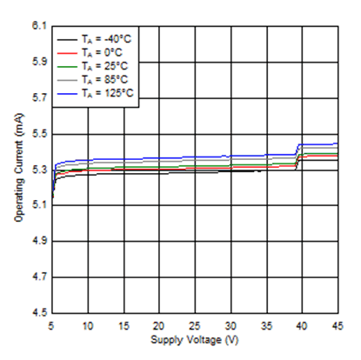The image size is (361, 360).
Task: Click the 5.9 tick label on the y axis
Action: (37, 62)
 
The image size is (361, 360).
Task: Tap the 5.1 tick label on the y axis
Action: (37, 205)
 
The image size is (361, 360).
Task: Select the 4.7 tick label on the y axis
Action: (37, 277)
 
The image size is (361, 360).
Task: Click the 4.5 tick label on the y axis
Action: (37, 312)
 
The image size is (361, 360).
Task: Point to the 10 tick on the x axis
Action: (88, 324)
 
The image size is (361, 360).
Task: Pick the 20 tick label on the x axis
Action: (159, 324)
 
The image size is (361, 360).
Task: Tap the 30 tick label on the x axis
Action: (231, 324)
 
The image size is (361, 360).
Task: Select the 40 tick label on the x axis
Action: (302, 324)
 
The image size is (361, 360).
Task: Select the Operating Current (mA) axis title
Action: (19, 170)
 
